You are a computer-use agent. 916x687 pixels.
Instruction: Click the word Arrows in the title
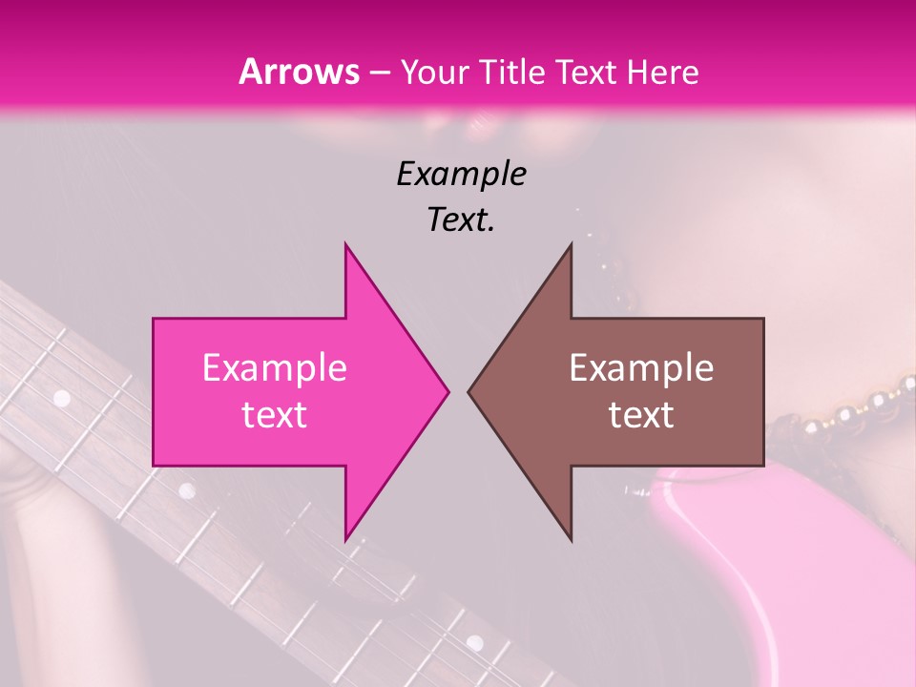coord(298,72)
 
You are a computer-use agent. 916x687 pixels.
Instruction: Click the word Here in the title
coord(668,72)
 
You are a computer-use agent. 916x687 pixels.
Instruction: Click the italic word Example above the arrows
coord(461,174)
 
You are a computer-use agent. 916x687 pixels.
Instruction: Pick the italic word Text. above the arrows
coord(461,219)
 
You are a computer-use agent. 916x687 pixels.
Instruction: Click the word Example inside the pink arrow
coord(274,368)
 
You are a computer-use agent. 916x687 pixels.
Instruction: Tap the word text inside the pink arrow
coord(274,415)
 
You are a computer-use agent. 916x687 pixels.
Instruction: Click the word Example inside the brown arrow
coord(641,368)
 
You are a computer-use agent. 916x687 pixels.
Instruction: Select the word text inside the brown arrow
coord(641,415)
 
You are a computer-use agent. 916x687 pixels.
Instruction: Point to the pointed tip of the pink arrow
coord(448,391)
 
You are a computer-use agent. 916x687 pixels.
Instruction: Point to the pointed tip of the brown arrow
coord(469,391)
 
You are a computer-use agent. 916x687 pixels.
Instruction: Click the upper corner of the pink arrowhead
coord(345,244)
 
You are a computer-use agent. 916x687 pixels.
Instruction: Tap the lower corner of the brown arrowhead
coord(571,540)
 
